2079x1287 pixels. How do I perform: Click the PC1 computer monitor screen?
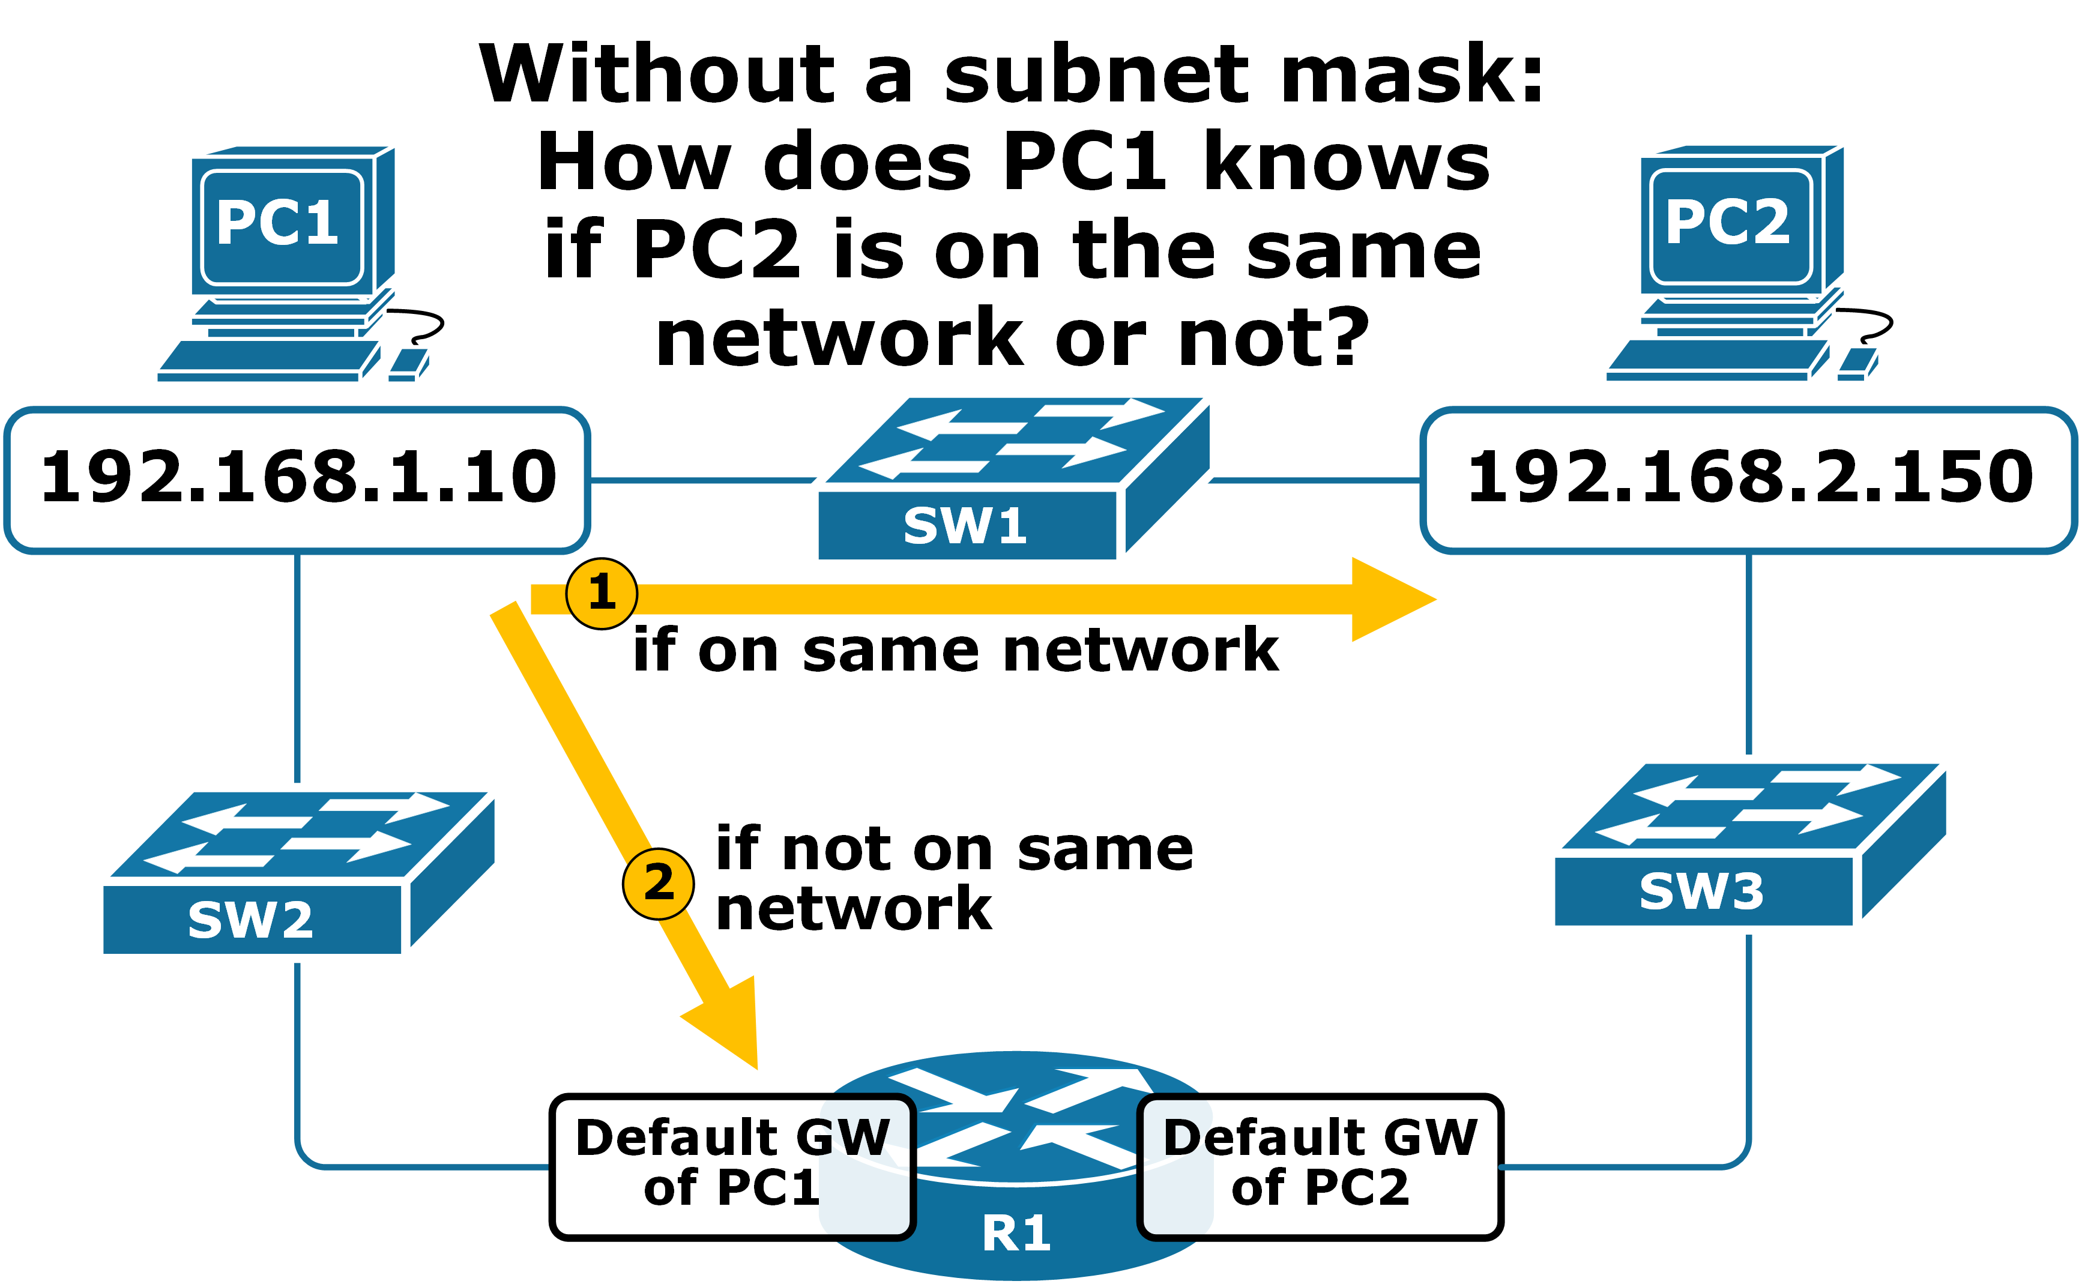coord(281,226)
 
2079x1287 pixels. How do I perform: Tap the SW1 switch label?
coord(965,526)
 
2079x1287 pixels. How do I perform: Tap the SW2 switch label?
coord(250,921)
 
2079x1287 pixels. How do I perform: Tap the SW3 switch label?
coord(1701,892)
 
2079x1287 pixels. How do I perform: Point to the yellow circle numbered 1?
coord(602,593)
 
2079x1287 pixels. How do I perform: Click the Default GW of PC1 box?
coord(732,1165)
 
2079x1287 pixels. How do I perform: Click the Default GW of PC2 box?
coord(1320,1165)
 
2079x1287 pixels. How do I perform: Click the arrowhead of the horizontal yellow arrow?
coord(1388,599)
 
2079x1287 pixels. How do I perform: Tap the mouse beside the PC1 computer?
coord(407,364)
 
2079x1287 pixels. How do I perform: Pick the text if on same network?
coord(955,652)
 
